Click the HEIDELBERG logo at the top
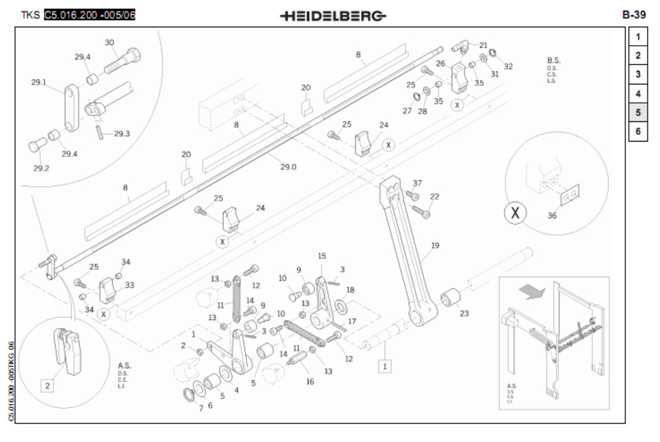click(x=332, y=15)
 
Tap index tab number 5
click(x=637, y=112)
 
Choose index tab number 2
click(x=637, y=55)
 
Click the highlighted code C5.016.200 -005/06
click(x=90, y=15)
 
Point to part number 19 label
click(x=435, y=245)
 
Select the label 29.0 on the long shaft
click(x=288, y=167)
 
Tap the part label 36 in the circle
click(x=552, y=215)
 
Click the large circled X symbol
click(x=516, y=213)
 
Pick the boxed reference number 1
click(x=385, y=366)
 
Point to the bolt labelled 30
click(x=122, y=61)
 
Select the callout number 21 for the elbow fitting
click(x=483, y=45)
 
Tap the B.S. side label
click(x=553, y=61)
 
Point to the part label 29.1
click(x=39, y=83)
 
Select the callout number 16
click(x=310, y=381)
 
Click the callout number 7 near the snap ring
click(x=201, y=408)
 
